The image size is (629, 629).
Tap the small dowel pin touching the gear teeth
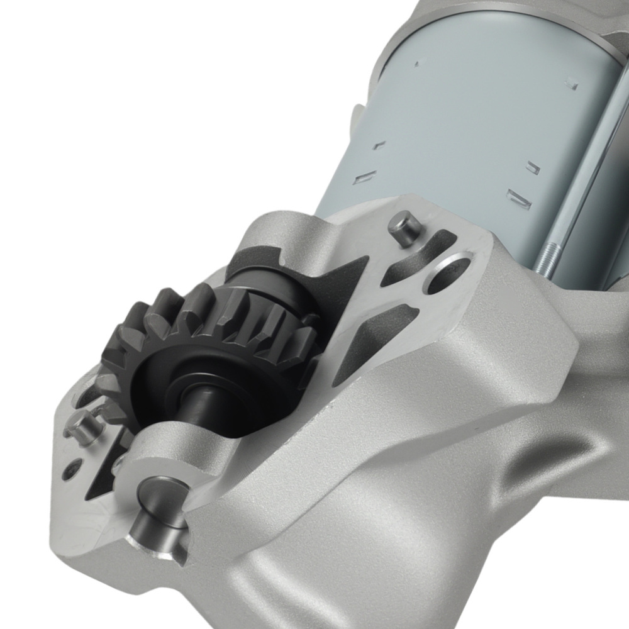pos(82,428)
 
